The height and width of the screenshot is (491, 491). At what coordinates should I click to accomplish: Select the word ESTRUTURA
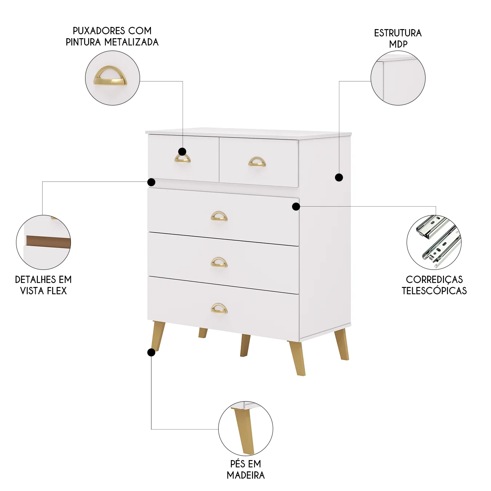click(398, 33)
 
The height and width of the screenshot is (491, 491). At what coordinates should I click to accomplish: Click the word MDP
click(398, 44)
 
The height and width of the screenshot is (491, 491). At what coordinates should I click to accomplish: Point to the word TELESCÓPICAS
click(434, 291)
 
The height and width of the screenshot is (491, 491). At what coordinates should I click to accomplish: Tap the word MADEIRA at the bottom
click(245, 475)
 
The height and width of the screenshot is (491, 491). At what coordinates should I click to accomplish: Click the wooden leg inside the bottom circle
click(244, 432)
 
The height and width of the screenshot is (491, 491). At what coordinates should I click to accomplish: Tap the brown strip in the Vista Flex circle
click(48, 242)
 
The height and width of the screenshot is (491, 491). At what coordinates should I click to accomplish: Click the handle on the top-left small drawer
click(183, 158)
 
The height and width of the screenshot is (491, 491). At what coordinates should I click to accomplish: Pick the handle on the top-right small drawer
click(257, 162)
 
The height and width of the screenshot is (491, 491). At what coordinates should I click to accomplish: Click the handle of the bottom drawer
click(219, 308)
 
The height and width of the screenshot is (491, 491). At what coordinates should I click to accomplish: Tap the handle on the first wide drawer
click(219, 216)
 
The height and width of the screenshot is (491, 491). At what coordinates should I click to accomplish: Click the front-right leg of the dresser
click(296, 358)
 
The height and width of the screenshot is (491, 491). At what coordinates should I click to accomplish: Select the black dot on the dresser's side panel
click(339, 177)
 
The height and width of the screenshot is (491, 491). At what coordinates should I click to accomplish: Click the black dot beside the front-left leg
click(151, 353)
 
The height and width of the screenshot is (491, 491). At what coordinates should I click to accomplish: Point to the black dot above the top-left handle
click(182, 152)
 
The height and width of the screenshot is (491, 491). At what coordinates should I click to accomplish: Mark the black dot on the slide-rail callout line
click(296, 207)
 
